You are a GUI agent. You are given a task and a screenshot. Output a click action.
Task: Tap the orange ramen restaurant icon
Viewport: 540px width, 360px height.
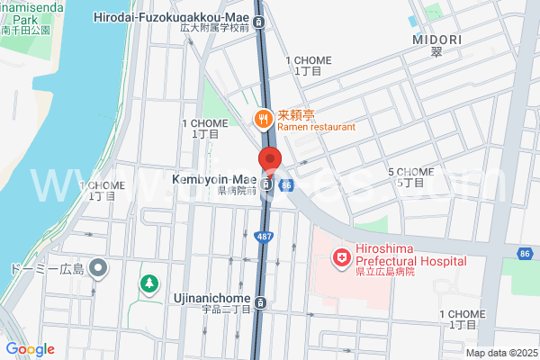263,117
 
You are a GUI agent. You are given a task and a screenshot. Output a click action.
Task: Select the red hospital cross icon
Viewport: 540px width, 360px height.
342,260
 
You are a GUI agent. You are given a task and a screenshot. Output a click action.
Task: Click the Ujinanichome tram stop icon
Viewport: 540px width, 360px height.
260,302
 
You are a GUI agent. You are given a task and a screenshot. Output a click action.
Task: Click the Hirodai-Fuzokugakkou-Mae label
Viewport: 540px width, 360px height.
171,17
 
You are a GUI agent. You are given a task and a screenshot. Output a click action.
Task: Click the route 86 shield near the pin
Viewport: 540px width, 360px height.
286,185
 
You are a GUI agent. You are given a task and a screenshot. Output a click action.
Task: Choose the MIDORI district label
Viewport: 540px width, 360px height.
436,40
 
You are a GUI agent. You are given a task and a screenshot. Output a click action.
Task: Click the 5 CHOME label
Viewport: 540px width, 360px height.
410,172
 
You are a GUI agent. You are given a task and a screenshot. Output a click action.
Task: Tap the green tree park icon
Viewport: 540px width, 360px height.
147,284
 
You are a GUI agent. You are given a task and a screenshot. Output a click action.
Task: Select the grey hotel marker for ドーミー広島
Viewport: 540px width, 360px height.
100,268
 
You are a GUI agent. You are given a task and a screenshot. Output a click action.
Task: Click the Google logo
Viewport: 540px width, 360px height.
30,349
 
